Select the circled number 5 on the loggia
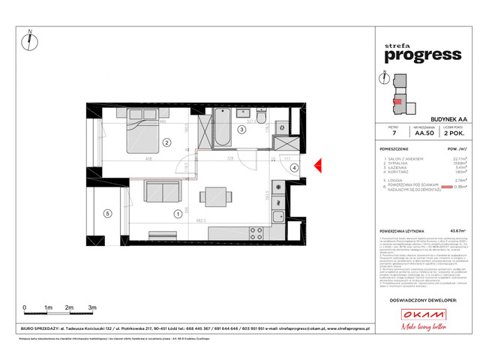point(106,214)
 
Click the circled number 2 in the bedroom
point(166,142)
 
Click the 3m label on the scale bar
point(91,307)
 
